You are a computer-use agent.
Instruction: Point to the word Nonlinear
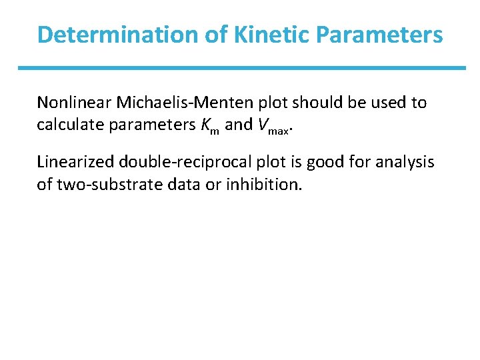point(73,103)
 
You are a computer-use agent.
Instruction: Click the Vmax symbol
point(274,126)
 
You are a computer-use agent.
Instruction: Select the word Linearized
point(73,161)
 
